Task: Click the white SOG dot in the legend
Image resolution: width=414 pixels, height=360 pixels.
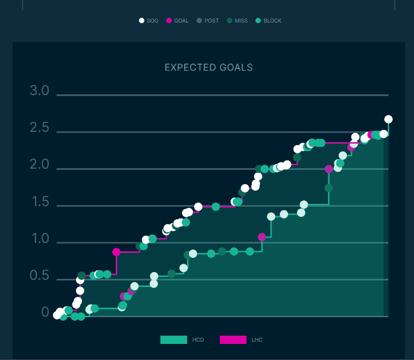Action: [x=141, y=21]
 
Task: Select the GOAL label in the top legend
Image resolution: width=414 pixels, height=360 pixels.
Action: [x=181, y=21]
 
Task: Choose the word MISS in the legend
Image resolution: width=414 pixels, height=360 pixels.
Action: [x=241, y=21]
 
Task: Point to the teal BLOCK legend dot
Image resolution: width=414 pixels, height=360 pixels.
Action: [x=258, y=21]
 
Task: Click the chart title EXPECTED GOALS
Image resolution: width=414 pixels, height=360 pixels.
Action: [x=208, y=68]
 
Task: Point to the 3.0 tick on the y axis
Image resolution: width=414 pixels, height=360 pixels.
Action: [x=39, y=91]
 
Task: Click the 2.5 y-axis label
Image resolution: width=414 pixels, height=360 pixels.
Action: [x=39, y=128]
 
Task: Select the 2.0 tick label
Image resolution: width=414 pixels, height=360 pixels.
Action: [x=39, y=165]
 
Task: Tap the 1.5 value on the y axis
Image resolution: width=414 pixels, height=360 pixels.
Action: [x=39, y=202]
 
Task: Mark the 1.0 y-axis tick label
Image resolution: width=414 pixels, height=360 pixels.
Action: [x=39, y=239]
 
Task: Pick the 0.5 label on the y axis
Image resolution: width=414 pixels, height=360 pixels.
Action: [x=39, y=276]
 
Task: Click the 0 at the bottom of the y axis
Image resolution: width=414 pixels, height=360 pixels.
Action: [x=45, y=312]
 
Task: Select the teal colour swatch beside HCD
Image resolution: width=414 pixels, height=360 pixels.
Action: [x=173, y=340]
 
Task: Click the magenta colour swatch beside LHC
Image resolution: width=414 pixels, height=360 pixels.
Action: [x=233, y=340]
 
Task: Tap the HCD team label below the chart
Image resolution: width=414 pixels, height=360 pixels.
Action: [x=198, y=340]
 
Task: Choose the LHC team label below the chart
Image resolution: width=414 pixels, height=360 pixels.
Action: [x=257, y=340]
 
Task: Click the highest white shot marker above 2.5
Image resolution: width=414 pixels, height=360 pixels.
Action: [x=388, y=119]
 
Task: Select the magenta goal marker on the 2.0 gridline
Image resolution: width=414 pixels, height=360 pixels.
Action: [x=329, y=169]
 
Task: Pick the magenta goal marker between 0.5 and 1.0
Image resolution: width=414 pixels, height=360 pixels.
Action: [x=116, y=252]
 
